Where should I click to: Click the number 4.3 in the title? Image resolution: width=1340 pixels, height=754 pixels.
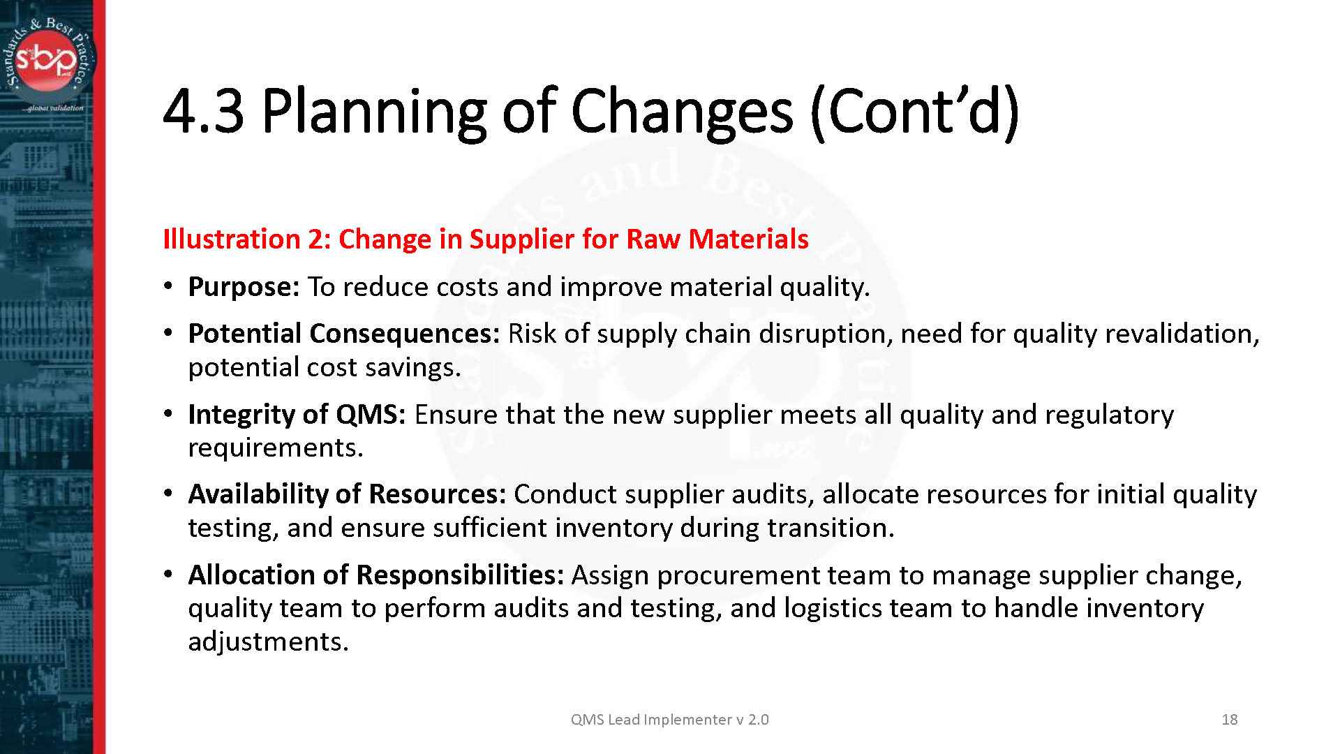203,112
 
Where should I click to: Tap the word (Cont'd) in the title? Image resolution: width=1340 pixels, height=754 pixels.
914,112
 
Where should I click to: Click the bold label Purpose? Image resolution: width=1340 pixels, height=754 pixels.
244,287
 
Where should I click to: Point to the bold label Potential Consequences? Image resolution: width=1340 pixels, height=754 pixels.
344,334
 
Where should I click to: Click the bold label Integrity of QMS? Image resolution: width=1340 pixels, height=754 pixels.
297,415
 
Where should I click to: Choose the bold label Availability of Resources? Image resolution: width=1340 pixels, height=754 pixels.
347,494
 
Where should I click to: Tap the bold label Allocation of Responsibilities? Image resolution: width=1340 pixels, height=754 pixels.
375,575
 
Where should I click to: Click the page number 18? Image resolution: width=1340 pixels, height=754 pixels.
1229,720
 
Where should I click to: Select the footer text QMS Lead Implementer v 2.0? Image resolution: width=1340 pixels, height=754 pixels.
669,720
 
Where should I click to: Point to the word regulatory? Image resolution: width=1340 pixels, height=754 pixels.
1109,415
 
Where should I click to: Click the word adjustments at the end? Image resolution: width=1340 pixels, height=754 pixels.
268,642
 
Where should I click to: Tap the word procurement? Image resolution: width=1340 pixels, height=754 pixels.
738,575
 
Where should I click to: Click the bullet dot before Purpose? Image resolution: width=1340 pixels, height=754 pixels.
168,287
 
